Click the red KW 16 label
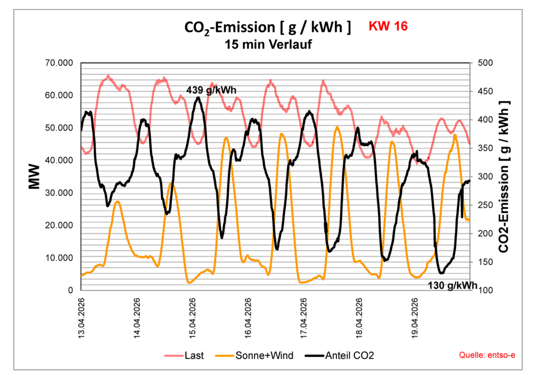point(388,27)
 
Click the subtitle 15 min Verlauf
point(268,44)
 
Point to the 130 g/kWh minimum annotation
point(453,286)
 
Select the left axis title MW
point(35,177)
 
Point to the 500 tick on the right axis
point(485,63)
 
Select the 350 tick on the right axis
point(485,149)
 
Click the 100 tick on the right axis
point(485,291)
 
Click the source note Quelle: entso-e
point(487,356)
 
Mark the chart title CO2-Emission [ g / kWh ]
point(268,28)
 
